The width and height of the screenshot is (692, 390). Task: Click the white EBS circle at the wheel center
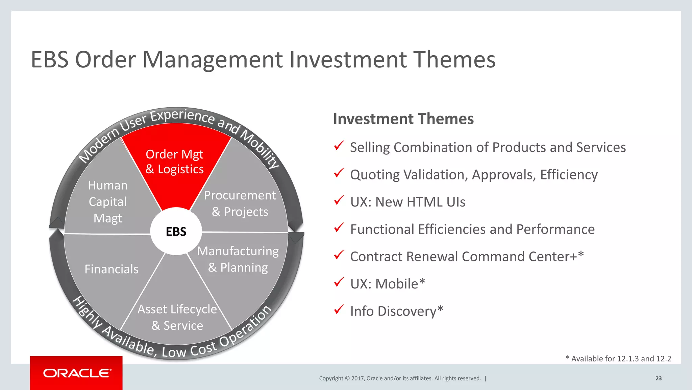click(x=176, y=231)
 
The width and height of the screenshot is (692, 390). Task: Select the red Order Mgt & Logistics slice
click(x=175, y=162)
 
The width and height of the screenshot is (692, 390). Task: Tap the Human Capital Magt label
click(x=108, y=202)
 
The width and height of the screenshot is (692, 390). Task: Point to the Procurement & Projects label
click(x=240, y=203)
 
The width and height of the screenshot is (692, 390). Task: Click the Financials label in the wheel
click(x=112, y=269)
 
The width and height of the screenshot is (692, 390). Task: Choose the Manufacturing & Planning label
click(x=238, y=259)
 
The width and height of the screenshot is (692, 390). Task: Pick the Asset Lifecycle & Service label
click(x=177, y=317)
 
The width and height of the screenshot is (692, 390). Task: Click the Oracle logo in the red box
click(x=77, y=373)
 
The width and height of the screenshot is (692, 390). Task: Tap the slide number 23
click(x=659, y=378)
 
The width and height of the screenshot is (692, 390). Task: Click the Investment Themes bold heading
click(x=403, y=119)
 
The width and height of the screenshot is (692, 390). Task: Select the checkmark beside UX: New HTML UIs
click(x=339, y=200)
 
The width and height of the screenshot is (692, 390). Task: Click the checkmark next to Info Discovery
click(x=339, y=309)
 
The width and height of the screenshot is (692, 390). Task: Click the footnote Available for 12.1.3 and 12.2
click(x=618, y=359)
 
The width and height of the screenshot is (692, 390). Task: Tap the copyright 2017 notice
click(x=400, y=378)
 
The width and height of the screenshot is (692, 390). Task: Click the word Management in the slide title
click(x=213, y=60)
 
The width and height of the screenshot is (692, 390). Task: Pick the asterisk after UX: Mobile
click(x=422, y=282)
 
